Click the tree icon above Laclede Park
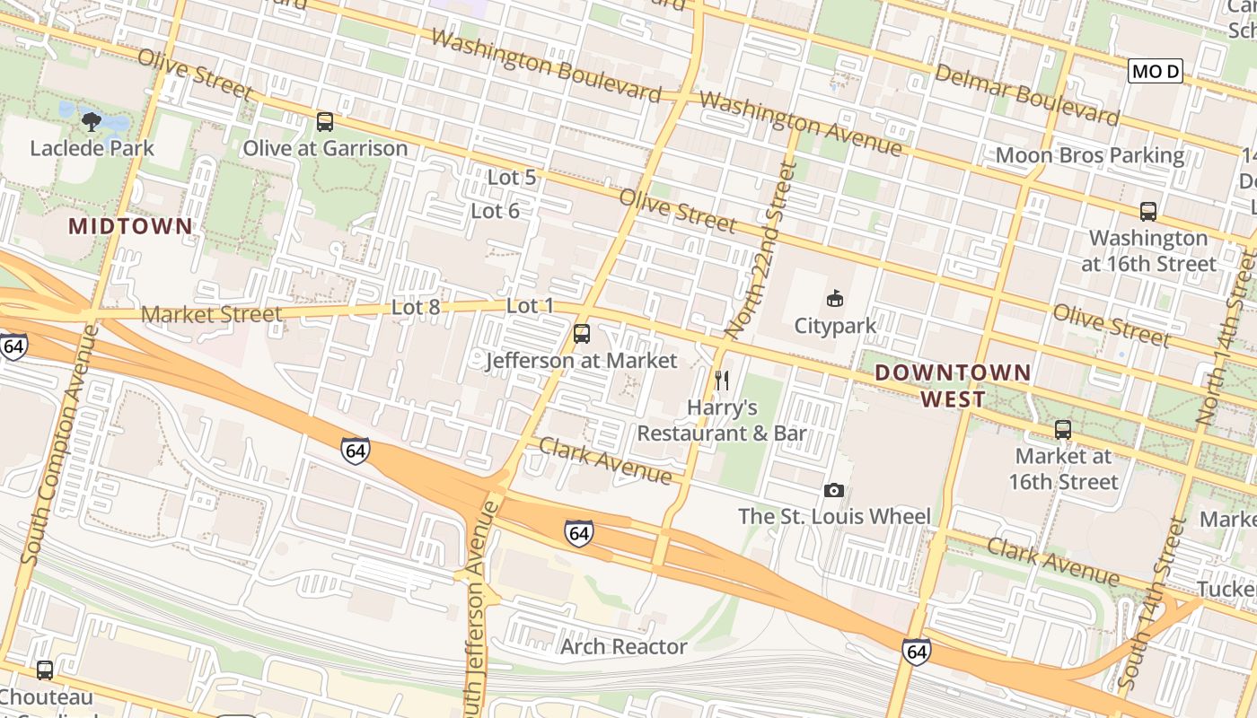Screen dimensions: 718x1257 click(92, 121)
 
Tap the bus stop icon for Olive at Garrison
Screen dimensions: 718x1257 click(325, 121)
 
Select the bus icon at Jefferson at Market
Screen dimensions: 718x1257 click(582, 334)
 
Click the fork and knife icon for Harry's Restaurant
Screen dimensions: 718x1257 click(722, 381)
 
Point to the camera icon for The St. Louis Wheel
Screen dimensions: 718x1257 click(834, 490)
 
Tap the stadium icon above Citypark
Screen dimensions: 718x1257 click(835, 298)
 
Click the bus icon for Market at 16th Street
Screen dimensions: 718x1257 click(1063, 430)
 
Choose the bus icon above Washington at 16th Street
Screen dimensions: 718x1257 click(1147, 212)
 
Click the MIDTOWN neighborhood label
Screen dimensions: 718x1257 click(131, 226)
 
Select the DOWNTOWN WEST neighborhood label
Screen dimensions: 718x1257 click(953, 385)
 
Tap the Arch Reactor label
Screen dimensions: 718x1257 click(624, 646)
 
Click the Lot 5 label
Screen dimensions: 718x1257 click(512, 178)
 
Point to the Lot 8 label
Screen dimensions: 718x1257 click(416, 307)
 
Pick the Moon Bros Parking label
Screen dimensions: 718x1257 click(1090, 155)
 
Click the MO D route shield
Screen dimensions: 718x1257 click(1156, 71)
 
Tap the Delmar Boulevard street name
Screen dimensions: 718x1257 click(1027, 93)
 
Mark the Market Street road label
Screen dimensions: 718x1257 click(212, 314)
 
